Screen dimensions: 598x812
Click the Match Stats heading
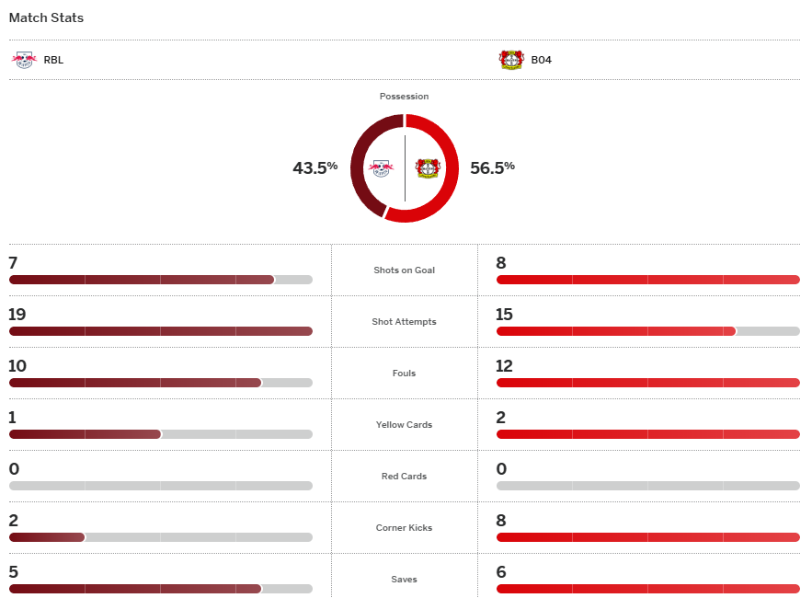46,18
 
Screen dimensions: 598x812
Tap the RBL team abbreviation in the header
53,60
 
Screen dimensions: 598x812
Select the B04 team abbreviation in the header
541,60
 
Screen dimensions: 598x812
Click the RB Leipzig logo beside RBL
23,60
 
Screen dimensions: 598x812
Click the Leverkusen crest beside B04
511,60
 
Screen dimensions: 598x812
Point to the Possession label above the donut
404,97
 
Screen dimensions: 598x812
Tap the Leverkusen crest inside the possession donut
428,168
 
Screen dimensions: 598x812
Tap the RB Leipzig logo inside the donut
381,168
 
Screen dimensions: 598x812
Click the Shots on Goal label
404,270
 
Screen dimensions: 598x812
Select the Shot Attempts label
404,322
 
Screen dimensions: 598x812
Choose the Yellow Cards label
404,425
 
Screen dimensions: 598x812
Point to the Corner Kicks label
404,528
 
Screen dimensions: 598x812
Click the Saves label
404,580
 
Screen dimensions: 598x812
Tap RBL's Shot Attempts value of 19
17,315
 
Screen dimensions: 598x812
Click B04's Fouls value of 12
505,366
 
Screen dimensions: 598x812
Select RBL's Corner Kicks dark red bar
47,537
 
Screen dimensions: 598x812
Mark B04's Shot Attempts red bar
615,331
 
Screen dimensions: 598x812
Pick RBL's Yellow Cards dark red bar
85,434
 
